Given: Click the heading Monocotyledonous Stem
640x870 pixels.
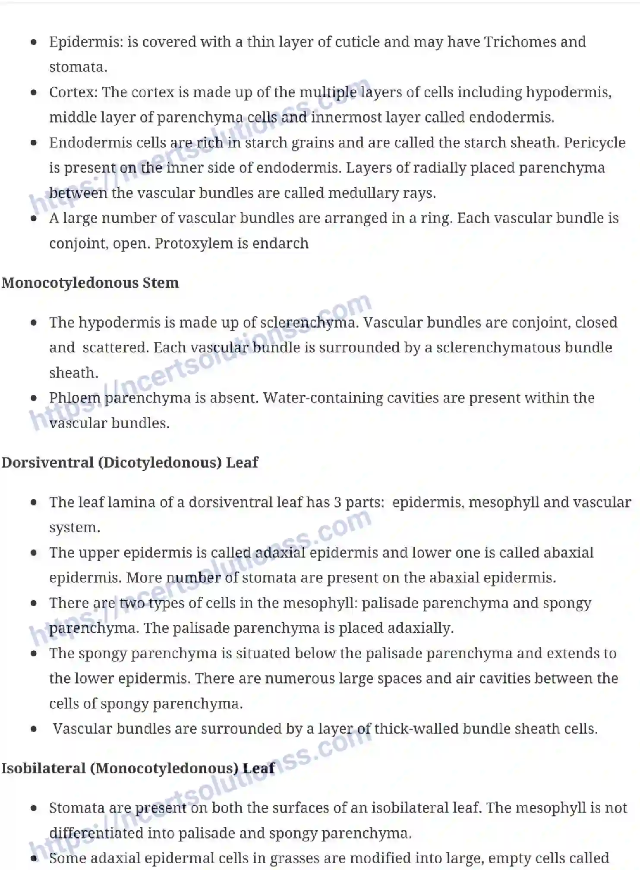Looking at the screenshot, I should tap(90, 283).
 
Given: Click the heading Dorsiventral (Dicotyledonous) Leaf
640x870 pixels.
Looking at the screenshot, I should tap(129, 463).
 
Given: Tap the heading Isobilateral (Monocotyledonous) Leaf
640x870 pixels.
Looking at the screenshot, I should tap(138, 769).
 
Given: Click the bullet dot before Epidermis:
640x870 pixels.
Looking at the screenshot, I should tap(34, 42).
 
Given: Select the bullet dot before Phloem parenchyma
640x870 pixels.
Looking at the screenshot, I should tap(34, 398).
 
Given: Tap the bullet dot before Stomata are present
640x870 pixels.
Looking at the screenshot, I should tap(34, 808).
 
